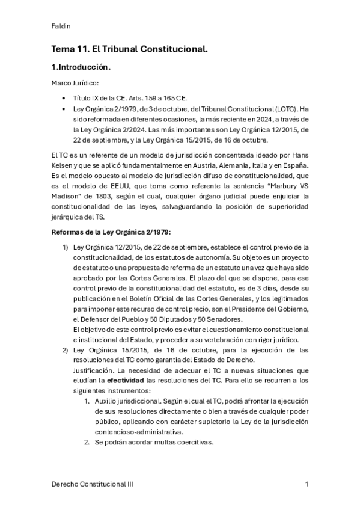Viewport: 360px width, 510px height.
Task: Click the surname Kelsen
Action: click(65, 165)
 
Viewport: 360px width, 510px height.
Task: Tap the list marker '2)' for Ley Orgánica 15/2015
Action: click(66, 349)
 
